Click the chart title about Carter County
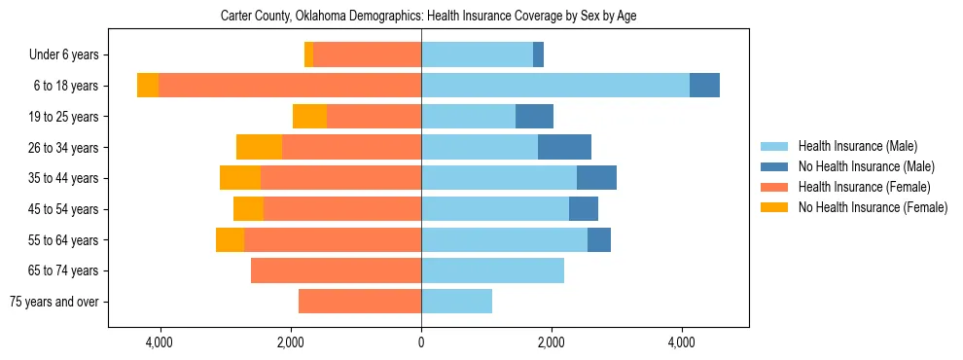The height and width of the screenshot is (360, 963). [428, 17]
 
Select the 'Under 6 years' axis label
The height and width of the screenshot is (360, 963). [70, 55]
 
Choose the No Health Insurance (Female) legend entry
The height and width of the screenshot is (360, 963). [873, 207]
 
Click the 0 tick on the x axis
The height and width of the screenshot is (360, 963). [421, 342]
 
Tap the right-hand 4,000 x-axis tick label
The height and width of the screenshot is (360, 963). [682, 342]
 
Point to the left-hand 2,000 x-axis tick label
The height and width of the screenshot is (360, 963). [291, 342]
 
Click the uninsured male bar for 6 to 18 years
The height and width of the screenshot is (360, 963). [704, 86]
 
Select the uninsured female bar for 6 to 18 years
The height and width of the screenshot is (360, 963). [148, 86]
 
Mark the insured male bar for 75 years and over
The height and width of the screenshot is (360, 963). [456, 302]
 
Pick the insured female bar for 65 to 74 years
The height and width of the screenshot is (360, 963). [336, 270]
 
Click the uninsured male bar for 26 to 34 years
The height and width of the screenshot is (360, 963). [564, 147]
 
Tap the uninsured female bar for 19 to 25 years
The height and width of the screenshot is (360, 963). [309, 117]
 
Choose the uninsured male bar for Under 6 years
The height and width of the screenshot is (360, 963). [538, 55]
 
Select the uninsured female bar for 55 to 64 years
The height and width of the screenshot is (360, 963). [230, 239]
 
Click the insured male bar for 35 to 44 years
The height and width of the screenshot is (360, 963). [499, 178]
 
